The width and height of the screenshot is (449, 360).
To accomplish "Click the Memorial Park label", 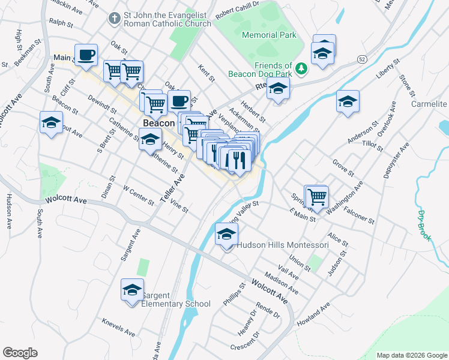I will tap(269, 35).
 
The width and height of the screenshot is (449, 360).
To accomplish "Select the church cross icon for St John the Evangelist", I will tap(114, 19).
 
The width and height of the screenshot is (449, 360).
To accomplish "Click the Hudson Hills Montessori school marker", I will tap(226, 234).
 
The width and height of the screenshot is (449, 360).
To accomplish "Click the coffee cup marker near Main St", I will tap(85, 55).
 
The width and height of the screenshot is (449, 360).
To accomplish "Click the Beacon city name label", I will tap(158, 123).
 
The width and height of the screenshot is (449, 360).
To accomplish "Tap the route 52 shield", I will tap(361, 59).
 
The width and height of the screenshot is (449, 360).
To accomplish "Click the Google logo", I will tap(20, 353).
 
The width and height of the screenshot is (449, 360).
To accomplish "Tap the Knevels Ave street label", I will tap(118, 326).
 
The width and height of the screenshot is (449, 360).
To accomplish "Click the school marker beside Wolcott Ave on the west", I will tap(52, 122).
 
